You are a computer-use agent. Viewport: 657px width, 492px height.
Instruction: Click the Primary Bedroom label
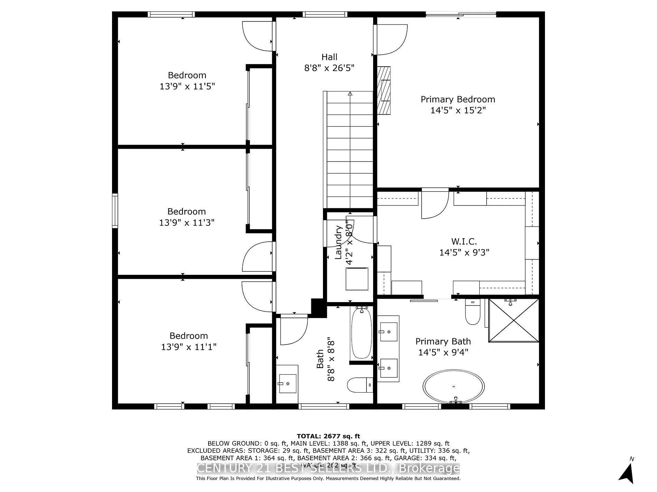458,99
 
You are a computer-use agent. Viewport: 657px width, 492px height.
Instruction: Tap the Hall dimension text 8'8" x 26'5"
329,68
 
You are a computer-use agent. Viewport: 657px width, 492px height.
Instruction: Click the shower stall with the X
514,321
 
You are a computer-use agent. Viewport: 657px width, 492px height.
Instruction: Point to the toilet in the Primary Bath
472,313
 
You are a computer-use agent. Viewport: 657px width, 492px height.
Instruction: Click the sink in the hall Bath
287,383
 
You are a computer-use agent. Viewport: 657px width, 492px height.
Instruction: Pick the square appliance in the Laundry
357,279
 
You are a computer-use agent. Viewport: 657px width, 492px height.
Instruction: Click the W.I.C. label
464,242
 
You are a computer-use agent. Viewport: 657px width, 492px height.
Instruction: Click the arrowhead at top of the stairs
350,93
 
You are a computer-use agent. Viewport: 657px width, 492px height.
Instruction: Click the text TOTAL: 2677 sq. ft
328,436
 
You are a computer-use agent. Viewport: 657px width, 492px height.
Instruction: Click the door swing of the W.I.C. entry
435,205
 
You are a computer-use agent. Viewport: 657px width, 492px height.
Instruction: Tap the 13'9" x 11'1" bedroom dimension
188,347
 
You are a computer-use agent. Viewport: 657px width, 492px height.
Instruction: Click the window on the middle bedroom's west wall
115,211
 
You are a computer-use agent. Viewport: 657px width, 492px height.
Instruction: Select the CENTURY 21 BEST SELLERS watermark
328,469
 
